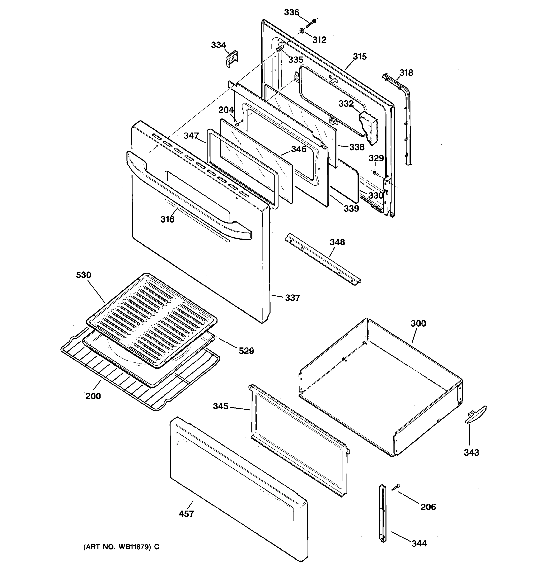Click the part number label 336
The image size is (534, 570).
coord(291,12)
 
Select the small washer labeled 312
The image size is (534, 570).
coord(302,31)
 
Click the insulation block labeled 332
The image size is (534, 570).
coord(369,126)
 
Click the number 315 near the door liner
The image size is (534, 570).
coord(360,57)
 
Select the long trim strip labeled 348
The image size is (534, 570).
coord(322,260)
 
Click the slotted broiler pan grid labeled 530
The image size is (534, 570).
coord(152,320)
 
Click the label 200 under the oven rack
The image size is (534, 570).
coord(93,396)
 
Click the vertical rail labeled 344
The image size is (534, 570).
coord(383,513)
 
